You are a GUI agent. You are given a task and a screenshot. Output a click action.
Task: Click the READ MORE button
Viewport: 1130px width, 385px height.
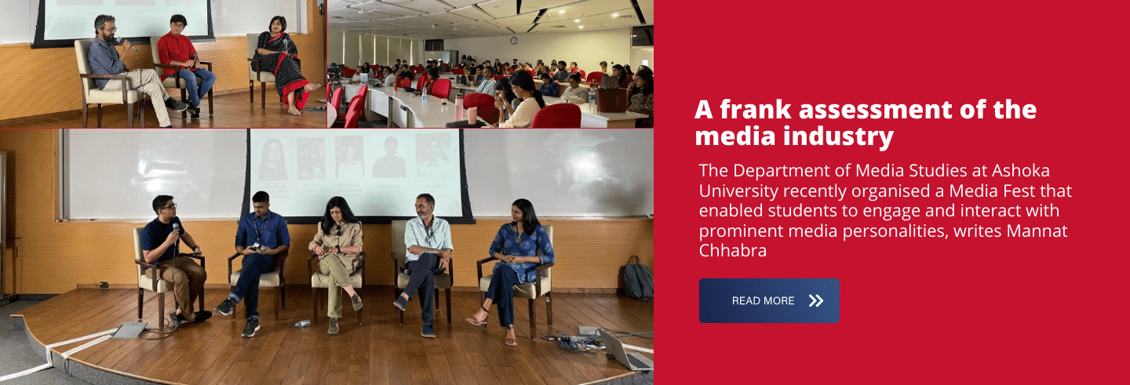coord(769,300)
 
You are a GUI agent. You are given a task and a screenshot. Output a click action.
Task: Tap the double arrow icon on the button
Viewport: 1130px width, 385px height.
coord(816,301)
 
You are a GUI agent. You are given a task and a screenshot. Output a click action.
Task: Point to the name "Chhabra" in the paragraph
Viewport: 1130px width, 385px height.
coord(732,250)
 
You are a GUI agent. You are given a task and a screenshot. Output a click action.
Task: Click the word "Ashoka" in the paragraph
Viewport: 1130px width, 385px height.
coord(1020,170)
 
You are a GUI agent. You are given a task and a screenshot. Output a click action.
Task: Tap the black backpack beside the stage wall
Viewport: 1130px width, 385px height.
coord(637,278)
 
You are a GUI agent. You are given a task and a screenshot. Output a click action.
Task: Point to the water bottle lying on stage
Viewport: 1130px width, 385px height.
coord(303,323)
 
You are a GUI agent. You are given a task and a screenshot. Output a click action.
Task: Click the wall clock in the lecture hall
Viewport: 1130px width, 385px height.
coord(513,40)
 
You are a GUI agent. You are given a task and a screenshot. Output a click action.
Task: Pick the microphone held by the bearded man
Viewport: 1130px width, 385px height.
coord(125,43)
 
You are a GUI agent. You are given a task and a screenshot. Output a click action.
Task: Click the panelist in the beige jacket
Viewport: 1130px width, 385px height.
coord(337,262)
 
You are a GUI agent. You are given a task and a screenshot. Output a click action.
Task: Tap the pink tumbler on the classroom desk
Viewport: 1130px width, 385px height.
coord(472,115)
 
